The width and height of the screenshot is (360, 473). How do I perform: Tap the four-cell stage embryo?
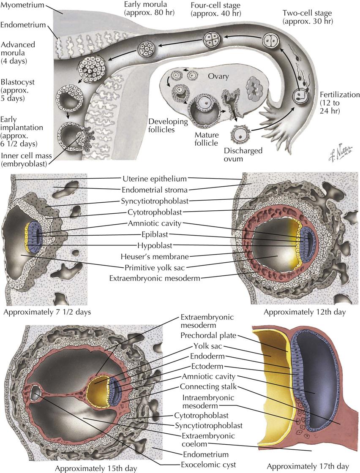pyautogui.click(x=211, y=39)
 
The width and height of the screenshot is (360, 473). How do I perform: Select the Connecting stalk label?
pyautogui.click(x=204, y=386)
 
